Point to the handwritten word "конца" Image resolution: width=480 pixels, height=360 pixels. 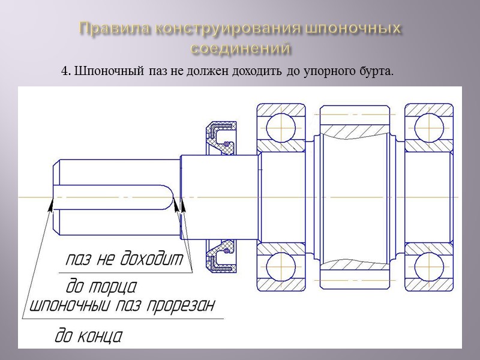click(98, 335)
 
